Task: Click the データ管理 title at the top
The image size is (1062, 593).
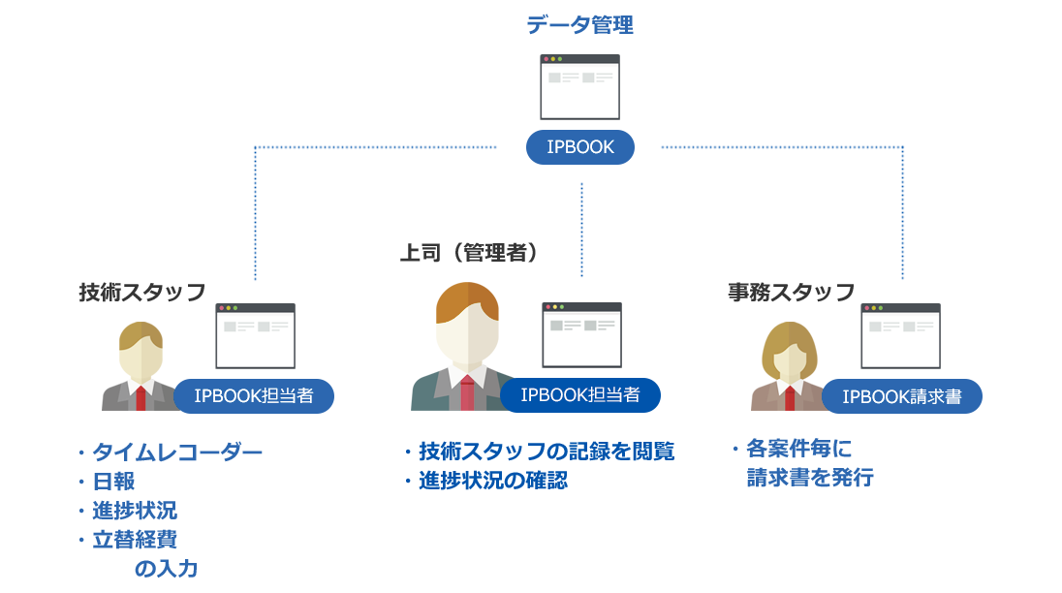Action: tap(579, 25)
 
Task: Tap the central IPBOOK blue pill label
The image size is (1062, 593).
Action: tap(579, 147)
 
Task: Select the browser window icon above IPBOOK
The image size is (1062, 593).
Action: tap(579, 86)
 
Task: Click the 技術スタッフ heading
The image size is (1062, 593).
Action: tap(142, 292)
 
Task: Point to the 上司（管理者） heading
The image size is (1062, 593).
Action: tap(469, 253)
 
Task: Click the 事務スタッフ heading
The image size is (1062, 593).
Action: tap(791, 292)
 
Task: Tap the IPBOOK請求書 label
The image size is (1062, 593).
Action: tap(901, 396)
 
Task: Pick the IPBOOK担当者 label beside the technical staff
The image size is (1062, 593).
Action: tap(254, 395)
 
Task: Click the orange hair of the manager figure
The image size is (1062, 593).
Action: tap(467, 301)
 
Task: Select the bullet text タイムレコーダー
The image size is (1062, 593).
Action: tap(176, 453)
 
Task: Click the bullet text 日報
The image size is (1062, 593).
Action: tap(113, 482)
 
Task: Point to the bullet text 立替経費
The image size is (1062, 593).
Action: tap(135, 540)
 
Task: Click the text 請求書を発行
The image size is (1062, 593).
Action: tap(809, 477)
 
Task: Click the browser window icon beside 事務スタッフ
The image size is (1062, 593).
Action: tap(901, 335)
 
